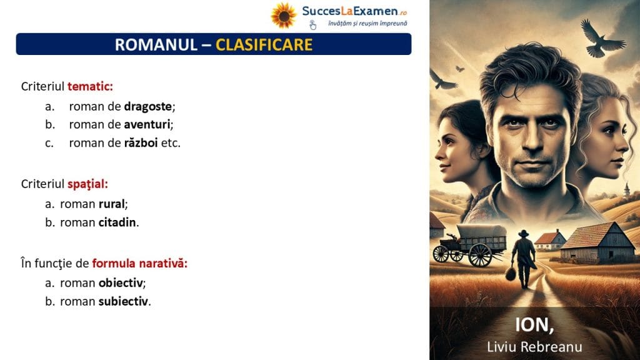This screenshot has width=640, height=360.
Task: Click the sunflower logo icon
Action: click(x=283, y=16)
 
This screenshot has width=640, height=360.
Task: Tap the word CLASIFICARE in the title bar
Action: click(x=264, y=44)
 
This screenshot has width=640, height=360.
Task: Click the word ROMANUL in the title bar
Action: click(x=156, y=44)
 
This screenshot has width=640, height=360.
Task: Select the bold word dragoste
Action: click(x=147, y=106)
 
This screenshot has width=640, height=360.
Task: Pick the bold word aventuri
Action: click(x=147, y=124)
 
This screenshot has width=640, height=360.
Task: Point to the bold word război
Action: click(x=141, y=142)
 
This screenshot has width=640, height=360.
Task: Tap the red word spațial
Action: click(x=86, y=184)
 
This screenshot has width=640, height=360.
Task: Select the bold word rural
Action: click(x=111, y=204)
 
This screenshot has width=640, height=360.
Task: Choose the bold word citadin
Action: click(x=117, y=222)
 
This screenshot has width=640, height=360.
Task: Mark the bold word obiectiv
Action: click(x=121, y=282)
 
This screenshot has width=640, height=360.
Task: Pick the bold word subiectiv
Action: click(x=123, y=301)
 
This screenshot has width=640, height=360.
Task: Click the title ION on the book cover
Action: click(x=534, y=325)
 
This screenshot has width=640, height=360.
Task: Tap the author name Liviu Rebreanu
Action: click(x=534, y=346)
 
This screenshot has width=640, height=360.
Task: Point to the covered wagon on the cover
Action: click(x=470, y=244)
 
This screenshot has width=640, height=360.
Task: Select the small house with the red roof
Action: click(x=550, y=240)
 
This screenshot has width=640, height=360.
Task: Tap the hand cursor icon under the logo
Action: click(x=312, y=25)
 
